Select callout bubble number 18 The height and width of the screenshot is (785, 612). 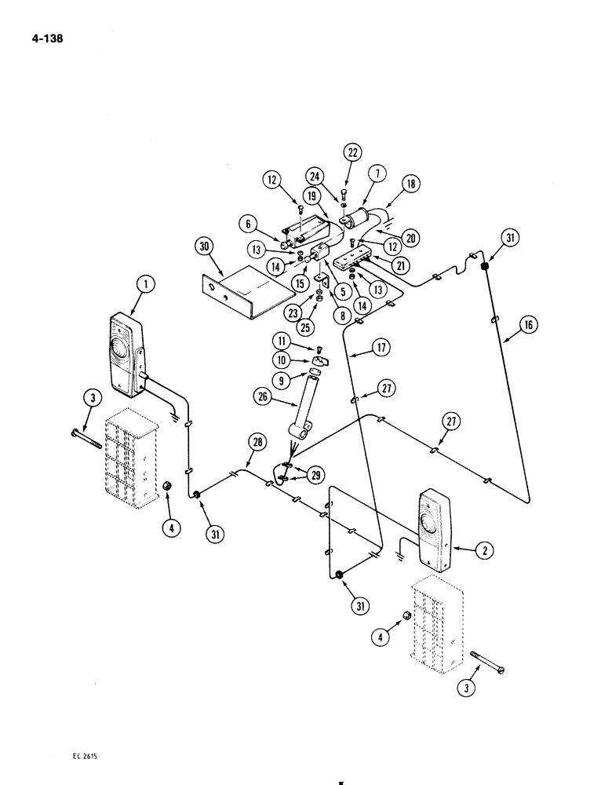(x=410, y=184)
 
